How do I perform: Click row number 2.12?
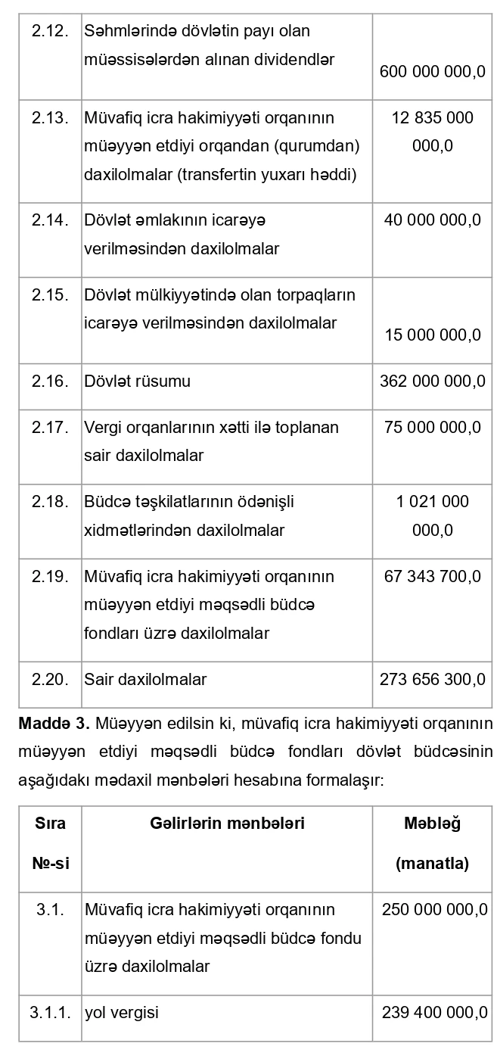[x=50, y=32]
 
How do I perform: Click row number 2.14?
[x=50, y=220]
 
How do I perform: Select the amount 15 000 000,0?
[x=433, y=335]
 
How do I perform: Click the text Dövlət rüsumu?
[x=138, y=382]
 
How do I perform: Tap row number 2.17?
[x=50, y=428]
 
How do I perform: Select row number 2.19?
[x=50, y=577]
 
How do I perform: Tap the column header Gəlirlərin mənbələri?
[x=227, y=824]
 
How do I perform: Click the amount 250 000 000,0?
[x=434, y=909]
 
